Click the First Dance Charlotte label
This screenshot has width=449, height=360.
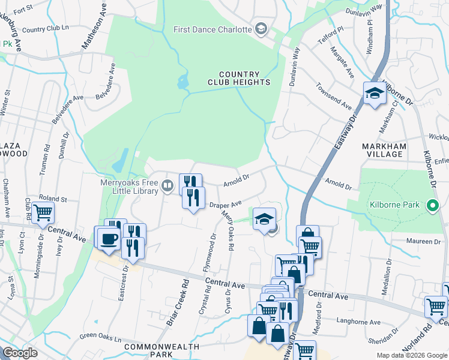[212, 29]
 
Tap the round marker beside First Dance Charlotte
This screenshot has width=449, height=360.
[261, 29]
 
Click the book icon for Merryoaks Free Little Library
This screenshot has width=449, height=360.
[169, 188]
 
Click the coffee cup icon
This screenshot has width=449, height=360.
[109, 238]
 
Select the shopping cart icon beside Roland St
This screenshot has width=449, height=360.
[43, 212]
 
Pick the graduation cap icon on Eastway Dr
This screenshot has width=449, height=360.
[375, 93]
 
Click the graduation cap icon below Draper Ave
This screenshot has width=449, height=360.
[263, 219]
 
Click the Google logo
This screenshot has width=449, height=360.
[20, 353]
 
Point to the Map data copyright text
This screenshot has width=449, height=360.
[411, 355]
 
